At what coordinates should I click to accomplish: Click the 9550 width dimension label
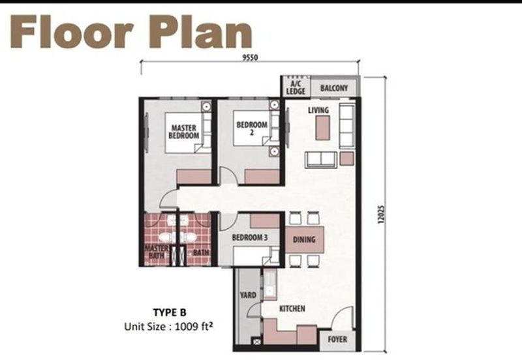coord(250,57)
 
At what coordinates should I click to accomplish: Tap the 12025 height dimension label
coord(381,215)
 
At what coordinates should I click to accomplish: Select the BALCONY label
coord(334,88)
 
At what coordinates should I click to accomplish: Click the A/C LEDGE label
coord(296,87)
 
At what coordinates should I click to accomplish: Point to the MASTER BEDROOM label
coord(184,132)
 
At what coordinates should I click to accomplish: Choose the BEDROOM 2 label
coord(252,128)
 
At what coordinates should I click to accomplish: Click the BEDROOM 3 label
coord(250,237)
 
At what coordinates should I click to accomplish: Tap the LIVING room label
coord(318,110)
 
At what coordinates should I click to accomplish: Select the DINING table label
coord(304,239)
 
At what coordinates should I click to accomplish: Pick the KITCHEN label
coord(292,308)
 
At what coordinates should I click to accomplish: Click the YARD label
coord(248,295)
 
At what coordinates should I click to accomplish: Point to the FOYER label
coord(337,339)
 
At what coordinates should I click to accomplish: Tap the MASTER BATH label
coord(156,252)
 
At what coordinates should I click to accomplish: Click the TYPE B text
coord(170,312)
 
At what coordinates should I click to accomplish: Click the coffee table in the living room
coord(322,128)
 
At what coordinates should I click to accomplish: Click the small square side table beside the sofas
coord(346,158)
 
